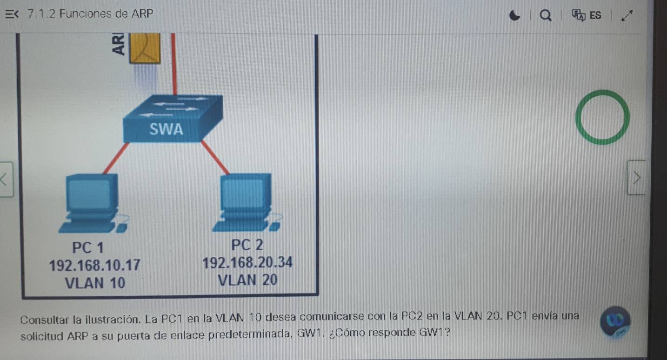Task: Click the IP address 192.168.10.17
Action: tap(94, 265)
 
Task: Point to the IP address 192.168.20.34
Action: tap(248, 263)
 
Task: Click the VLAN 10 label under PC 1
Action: tap(95, 282)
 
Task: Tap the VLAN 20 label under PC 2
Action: tap(247, 280)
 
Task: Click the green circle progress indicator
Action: tap(602, 117)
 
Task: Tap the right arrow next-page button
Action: tap(636, 177)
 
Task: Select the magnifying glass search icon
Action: tap(545, 16)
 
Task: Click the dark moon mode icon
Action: tap(514, 16)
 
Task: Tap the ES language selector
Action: tap(589, 15)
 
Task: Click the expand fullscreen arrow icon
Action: tap(627, 15)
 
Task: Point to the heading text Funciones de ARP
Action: tap(107, 14)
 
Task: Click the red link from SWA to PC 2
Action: tap(215, 157)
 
